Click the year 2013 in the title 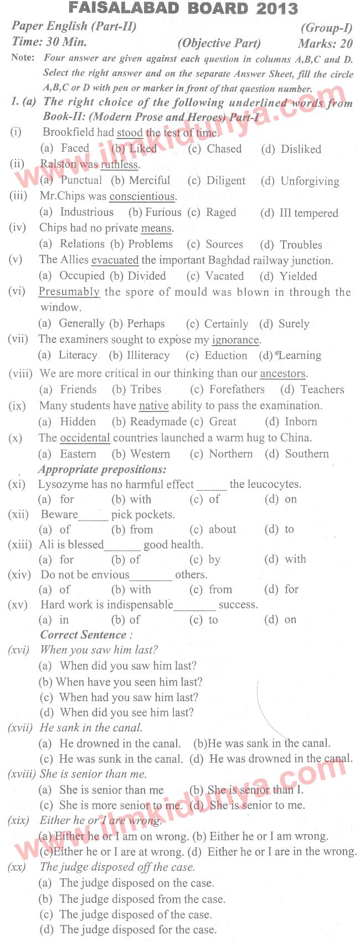[277, 8]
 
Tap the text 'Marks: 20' [325, 43]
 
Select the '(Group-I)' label [326, 28]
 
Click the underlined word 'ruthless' [120, 164]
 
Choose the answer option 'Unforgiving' [310, 181]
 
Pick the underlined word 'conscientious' [142, 196]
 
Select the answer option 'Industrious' [86, 212]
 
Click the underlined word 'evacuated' [115, 260]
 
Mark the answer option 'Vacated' [224, 276]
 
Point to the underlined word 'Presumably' [69, 292]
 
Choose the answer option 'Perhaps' [146, 323]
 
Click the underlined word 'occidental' [85, 438]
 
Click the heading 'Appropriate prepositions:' [102, 469]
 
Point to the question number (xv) [18, 605]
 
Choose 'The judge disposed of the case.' [135, 914]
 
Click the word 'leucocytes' [265, 484]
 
